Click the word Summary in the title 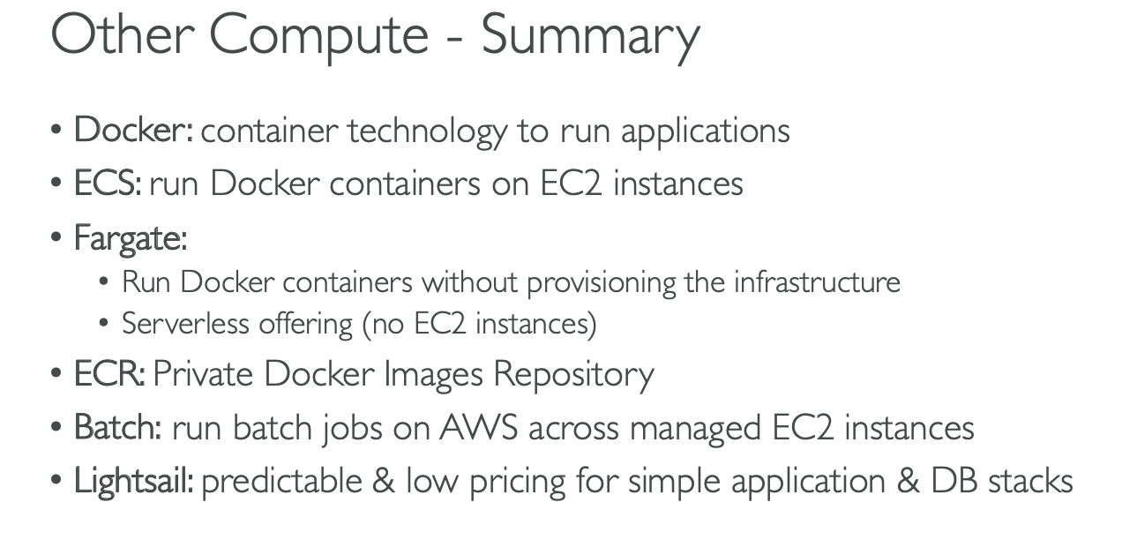[590, 36]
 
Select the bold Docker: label [133, 131]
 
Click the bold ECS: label [108, 184]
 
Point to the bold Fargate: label [130, 238]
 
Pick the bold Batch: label [117, 427]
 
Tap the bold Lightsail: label [133, 481]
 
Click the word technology [427, 131]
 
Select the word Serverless [185, 324]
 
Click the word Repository [573, 374]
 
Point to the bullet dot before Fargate [56, 239]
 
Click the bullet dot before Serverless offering [105, 325]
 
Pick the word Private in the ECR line [202, 373]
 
